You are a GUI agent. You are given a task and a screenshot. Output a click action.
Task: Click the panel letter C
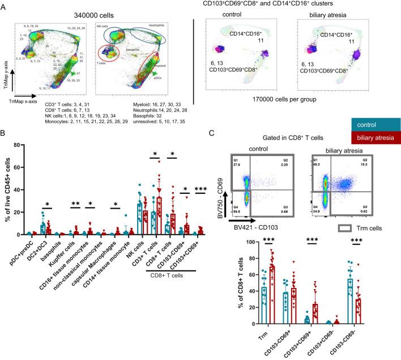(211, 148)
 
